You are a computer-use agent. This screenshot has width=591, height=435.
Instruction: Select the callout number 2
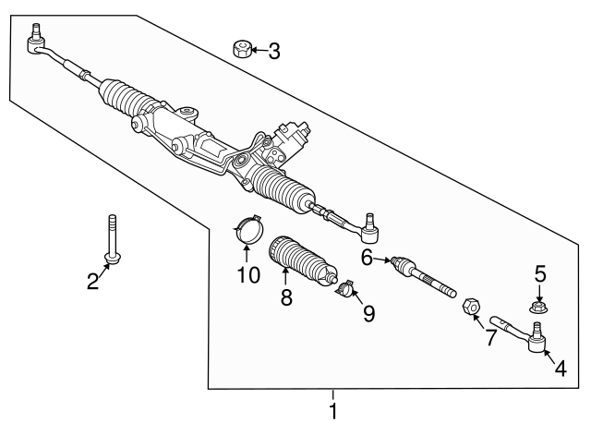[x=93, y=281]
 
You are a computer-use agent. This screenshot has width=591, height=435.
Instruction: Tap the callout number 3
[x=273, y=51]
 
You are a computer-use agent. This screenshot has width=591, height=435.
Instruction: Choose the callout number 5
[x=541, y=273]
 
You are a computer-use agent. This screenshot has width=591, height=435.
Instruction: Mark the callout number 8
[x=286, y=296]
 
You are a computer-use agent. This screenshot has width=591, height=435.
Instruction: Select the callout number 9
[x=368, y=315]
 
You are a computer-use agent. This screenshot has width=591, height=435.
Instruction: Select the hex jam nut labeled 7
[x=468, y=306]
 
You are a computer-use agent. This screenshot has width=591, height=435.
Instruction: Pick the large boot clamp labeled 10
[x=247, y=229]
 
